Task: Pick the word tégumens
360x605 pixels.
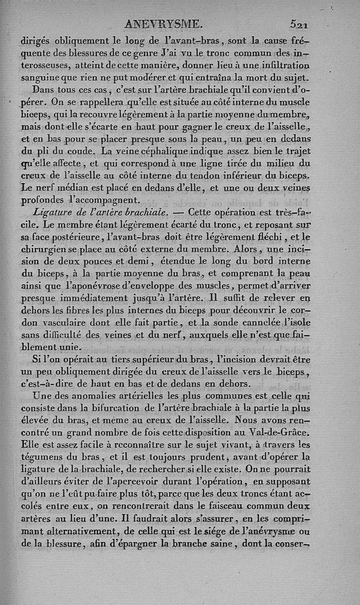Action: click(x=40, y=457)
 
